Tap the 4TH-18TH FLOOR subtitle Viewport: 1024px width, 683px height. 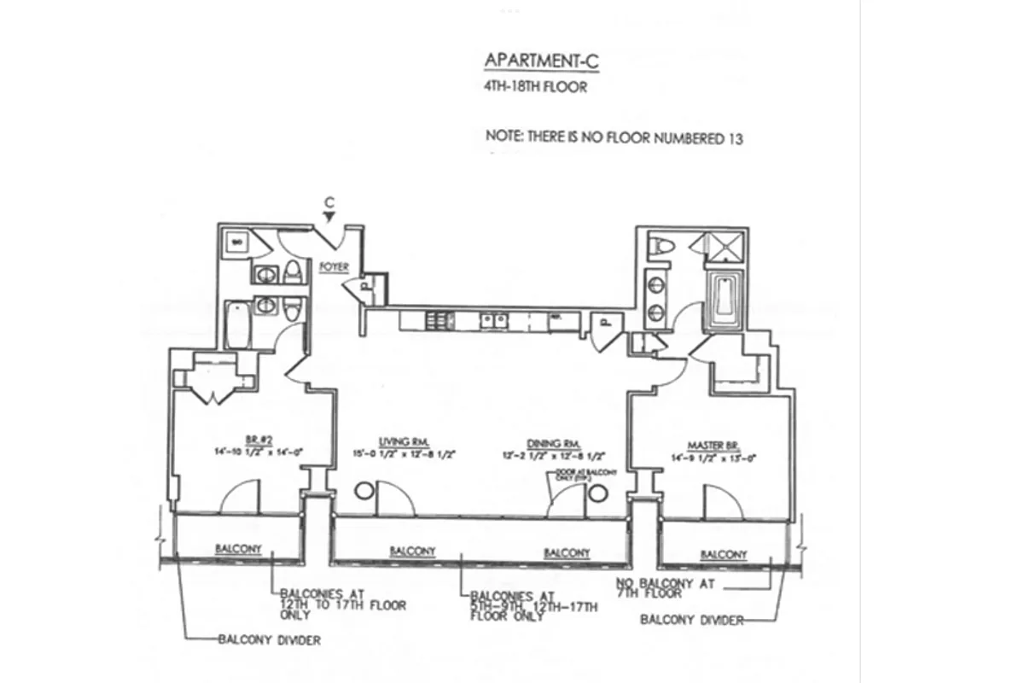535,86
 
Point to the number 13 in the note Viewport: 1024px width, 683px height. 734,138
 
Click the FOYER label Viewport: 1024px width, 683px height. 334,266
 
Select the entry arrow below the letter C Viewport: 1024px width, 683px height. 329,219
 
